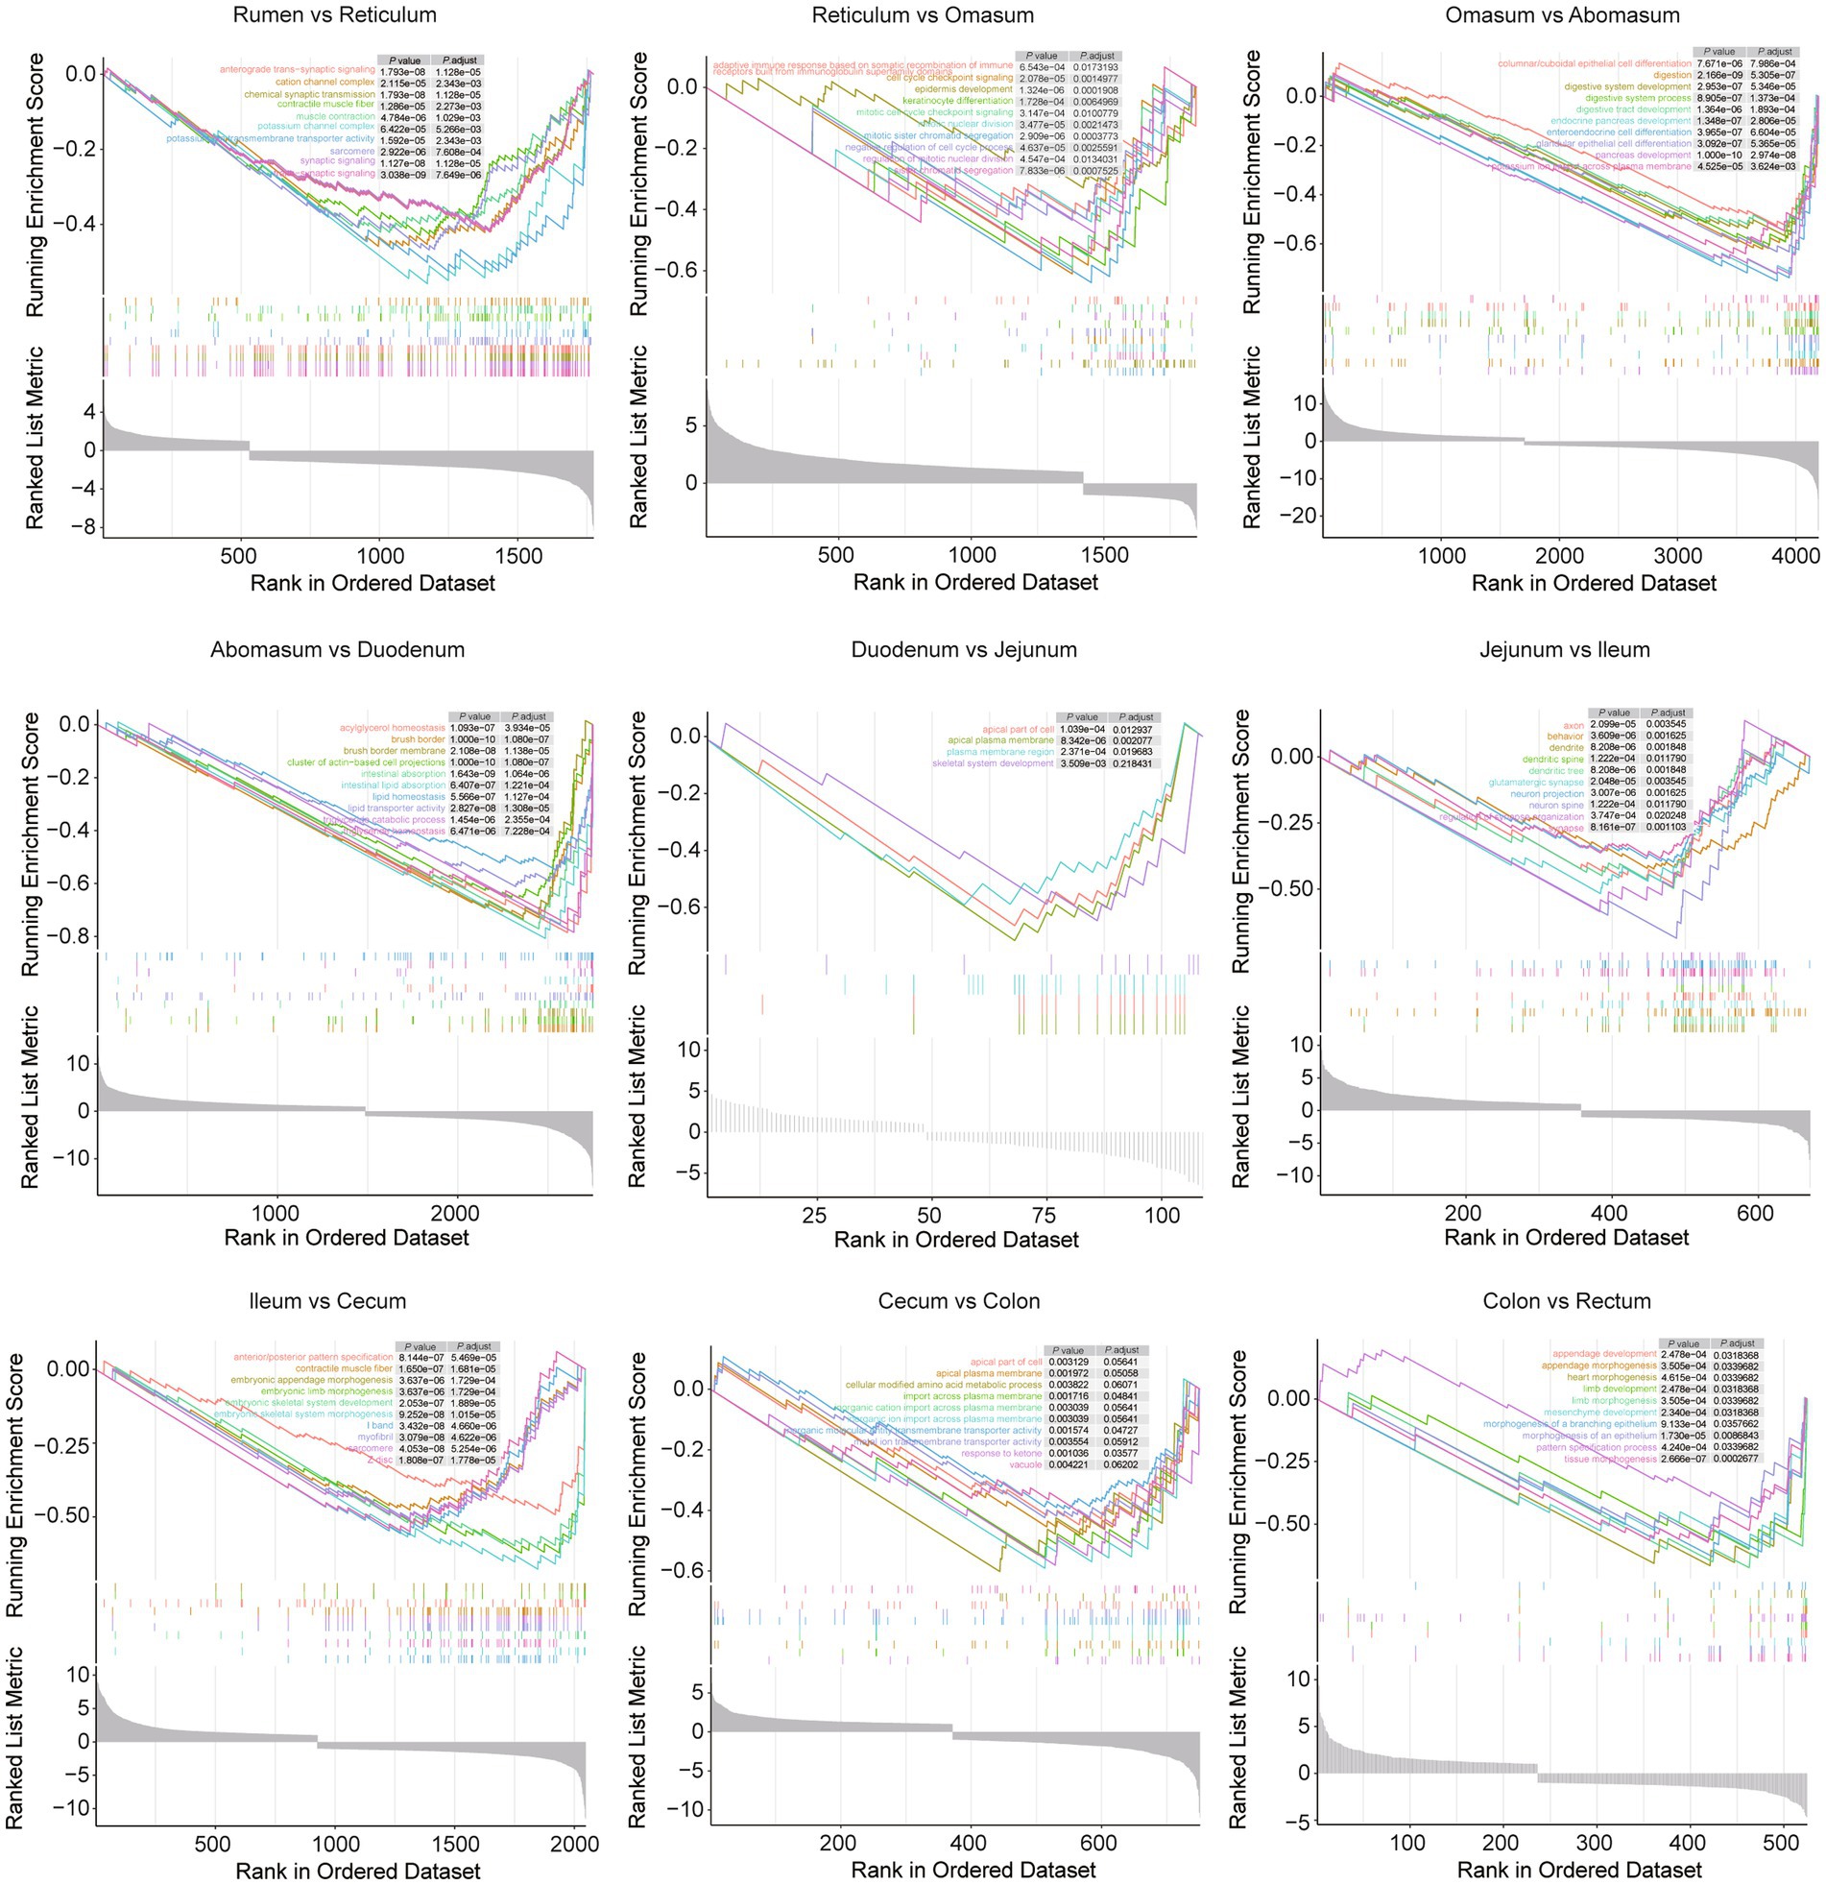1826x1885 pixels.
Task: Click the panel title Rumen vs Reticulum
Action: (x=335, y=15)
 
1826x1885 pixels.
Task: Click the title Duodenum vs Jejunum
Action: (x=964, y=649)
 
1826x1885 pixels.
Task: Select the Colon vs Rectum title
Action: (x=1567, y=1300)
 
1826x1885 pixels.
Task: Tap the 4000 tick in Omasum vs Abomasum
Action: (x=1794, y=556)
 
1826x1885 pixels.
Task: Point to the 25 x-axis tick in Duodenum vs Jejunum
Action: (x=814, y=1214)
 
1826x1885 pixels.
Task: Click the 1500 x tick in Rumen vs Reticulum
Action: (x=518, y=555)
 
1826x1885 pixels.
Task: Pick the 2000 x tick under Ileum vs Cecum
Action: (x=574, y=1844)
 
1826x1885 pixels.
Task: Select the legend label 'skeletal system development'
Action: (x=993, y=763)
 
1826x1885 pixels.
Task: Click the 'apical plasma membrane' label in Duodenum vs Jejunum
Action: (x=1000, y=740)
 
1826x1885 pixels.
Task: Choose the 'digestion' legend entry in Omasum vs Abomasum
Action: (x=1671, y=75)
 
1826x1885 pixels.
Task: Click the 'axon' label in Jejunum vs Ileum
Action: (x=1574, y=725)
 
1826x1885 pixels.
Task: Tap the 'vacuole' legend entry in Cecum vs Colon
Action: (x=1025, y=1464)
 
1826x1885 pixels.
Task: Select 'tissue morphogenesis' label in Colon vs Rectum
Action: (x=1610, y=1459)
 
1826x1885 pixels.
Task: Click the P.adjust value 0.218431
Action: (x=1136, y=763)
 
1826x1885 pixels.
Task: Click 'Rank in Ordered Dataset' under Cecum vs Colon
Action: (x=973, y=1870)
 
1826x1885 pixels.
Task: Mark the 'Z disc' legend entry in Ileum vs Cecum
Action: (x=380, y=1460)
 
